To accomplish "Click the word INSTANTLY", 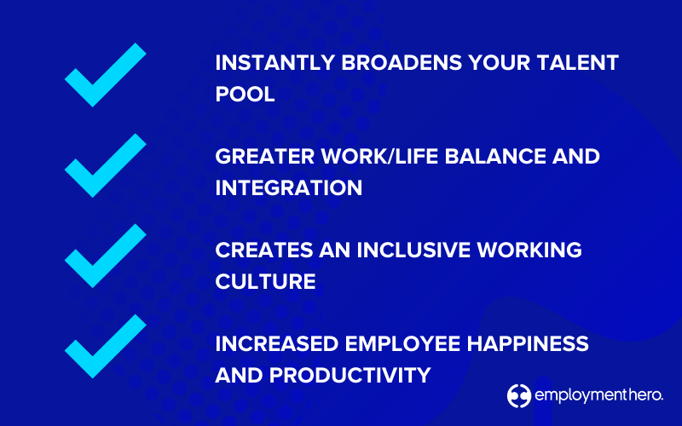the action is coord(275,62).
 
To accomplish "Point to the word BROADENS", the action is coord(402,62).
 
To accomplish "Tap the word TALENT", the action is coord(578,62).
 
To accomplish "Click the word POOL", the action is coord(245,94).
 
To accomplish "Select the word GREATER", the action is coord(265,157).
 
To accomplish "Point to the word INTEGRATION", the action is coord(289,187).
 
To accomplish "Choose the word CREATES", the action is coord(264,250).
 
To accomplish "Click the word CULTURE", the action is coord(265,281).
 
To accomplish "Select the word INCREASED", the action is coord(277,344).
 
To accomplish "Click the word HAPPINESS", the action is coord(528,344).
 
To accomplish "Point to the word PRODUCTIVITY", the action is coord(350,375).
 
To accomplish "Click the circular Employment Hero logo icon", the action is coord(519,396).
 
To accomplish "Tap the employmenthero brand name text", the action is coord(599,395).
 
